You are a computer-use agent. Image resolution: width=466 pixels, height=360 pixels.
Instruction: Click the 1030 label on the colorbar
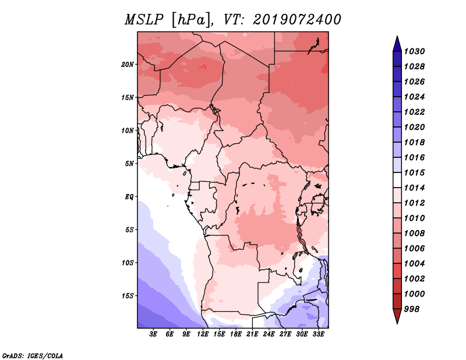point(414,51)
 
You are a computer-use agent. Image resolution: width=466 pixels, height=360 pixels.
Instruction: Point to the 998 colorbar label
point(412,309)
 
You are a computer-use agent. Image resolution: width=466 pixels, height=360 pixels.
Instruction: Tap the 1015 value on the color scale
point(414,172)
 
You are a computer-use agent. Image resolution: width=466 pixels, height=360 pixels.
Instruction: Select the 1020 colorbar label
point(414,127)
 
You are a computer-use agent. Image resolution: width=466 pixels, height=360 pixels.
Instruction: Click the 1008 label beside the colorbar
point(414,234)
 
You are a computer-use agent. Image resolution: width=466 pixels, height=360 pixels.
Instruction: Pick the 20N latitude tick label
point(128,65)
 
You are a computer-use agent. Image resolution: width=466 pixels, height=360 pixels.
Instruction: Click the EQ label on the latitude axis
point(129,197)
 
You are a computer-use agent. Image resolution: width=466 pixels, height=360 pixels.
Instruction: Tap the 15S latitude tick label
point(128,296)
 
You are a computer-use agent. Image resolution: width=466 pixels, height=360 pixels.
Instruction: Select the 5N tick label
point(129,164)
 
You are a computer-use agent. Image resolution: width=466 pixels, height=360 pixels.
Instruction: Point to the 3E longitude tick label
point(153,334)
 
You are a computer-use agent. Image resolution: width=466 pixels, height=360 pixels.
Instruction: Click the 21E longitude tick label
point(252,334)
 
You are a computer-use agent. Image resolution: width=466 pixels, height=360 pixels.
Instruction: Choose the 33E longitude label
point(318,334)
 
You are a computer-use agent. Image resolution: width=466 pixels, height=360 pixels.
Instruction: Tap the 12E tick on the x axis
point(202,334)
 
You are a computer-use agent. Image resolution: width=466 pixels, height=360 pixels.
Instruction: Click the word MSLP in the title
point(144,20)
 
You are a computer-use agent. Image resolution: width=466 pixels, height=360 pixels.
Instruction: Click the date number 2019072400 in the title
point(297,20)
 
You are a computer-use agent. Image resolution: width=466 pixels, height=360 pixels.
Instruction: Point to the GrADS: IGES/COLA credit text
point(33,355)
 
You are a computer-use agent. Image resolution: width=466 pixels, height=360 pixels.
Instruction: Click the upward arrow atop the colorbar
point(397,44)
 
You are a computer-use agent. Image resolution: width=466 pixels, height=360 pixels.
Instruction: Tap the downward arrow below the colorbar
point(397,316)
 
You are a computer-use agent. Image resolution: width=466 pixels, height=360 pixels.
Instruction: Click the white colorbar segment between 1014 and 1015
point(397,180)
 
